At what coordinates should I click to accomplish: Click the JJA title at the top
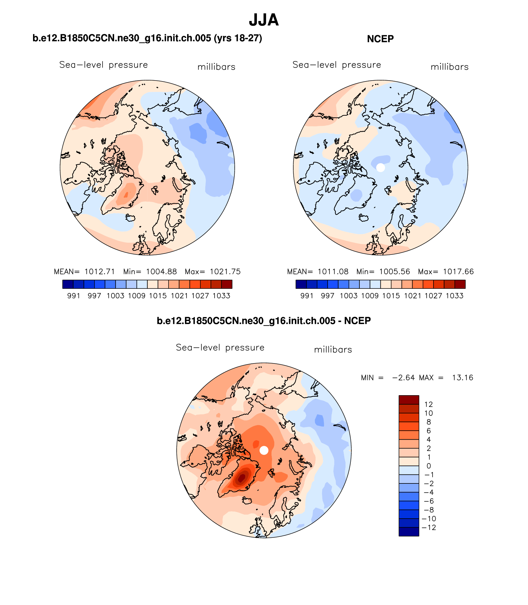pos(264,20)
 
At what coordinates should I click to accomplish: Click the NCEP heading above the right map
pos(380,39)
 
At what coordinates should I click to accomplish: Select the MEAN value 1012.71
pos(99,271)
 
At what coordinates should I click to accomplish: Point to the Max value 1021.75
pos(225,271)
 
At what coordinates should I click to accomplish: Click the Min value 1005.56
pos(395,271)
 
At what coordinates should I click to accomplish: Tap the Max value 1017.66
pos(458,271)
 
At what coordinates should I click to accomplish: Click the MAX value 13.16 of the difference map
pos(463,378)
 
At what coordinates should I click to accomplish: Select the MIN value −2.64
pos(403,378)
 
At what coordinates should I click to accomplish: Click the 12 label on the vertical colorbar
pos(429,404)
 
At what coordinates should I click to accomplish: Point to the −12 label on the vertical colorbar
pos(429,528)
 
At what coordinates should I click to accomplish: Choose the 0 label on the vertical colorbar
pos(429,466)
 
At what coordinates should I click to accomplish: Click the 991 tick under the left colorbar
pos(73,296)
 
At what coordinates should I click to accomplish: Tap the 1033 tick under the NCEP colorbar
pos(455,296)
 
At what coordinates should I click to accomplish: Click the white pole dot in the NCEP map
pos(381,168)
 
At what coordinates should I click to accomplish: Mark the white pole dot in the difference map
pos(264,450)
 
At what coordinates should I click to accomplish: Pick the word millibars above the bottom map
pos(333,350)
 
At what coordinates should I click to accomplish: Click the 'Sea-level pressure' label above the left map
pos(103,65)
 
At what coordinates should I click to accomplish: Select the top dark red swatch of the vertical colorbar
pos(409,400)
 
